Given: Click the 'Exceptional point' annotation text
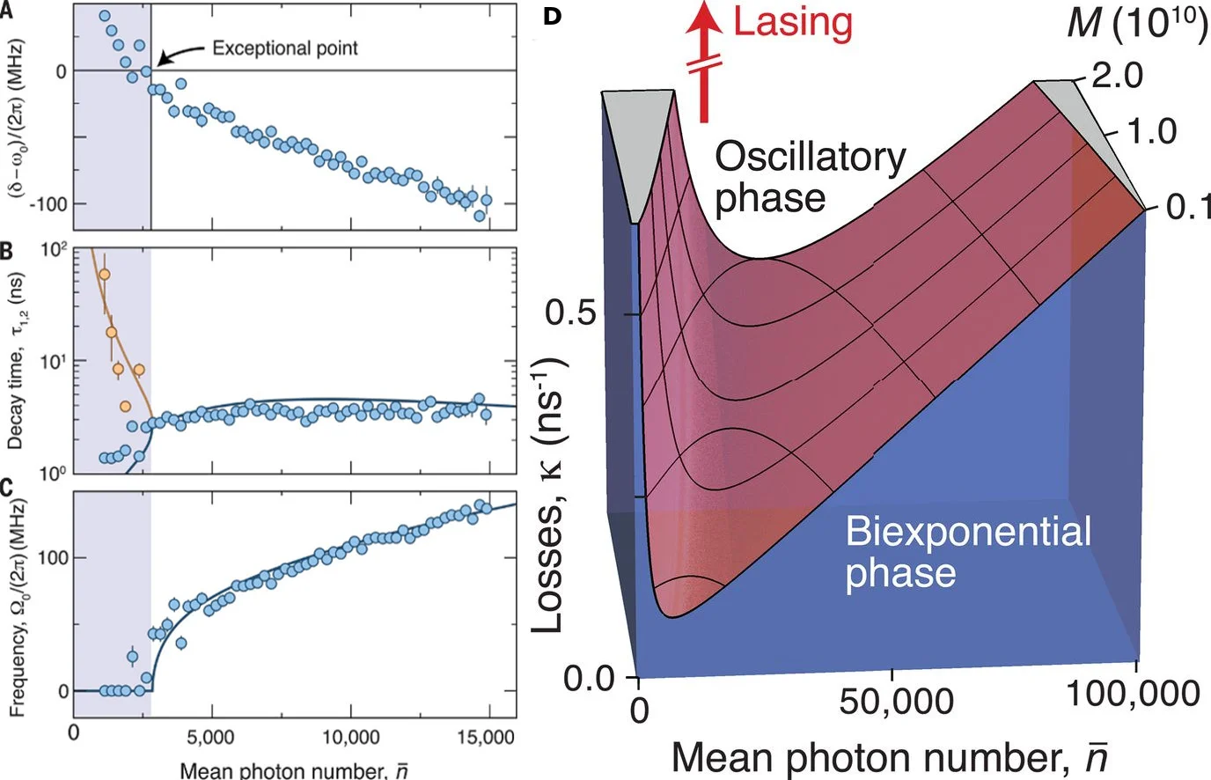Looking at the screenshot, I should pyautogui.click(x=285, y=48).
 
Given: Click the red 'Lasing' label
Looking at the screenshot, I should pyautogui.click(x=793, y=22).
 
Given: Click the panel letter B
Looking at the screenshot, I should pyautogui.click(x=6, y=252).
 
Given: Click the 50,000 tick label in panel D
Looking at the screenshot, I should pyautogui.click(x=896, y=702).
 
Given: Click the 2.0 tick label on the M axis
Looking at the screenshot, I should pyautogui.click(x=1117, y=76).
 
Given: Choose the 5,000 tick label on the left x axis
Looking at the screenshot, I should pyautogui.click(x=211, y=736).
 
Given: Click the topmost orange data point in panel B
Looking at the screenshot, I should pyautogui.click(x=105, y=274).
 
